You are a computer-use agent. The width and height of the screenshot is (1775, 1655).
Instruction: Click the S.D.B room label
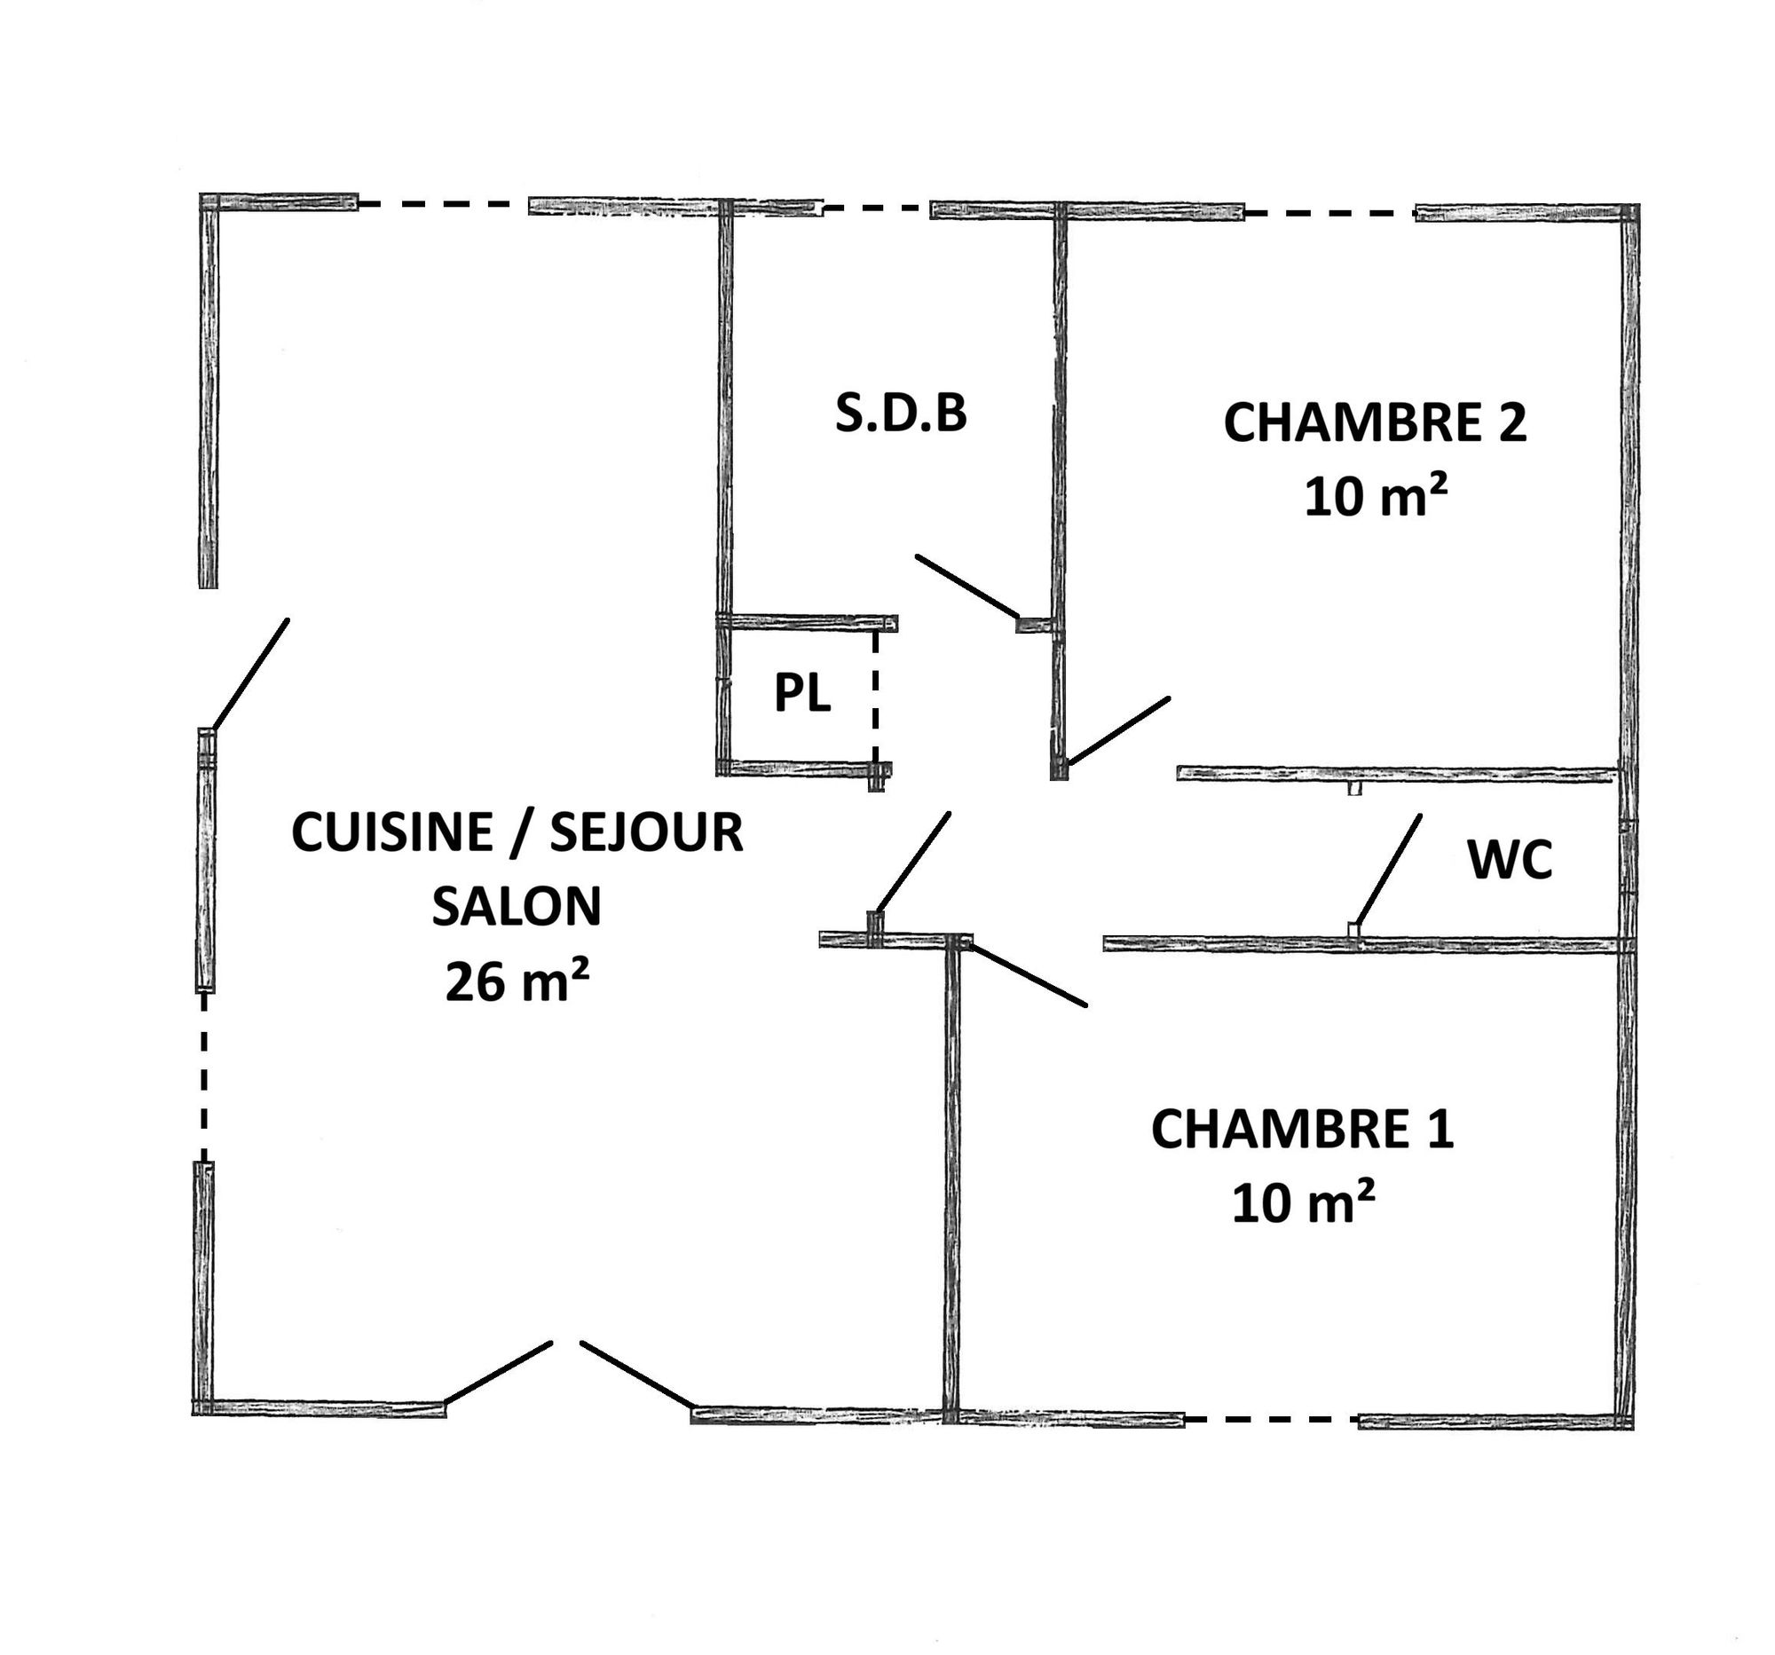(x=901, y=414)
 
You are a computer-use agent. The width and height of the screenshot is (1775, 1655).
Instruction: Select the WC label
(x=1510, y=860)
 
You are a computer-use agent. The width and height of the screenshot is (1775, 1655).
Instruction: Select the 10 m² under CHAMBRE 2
(x=1375, y=496)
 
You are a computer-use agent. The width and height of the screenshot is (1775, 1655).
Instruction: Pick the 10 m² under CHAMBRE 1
(x=1303, y=1202)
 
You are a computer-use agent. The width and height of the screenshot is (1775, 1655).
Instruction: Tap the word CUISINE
(x=392, y=832)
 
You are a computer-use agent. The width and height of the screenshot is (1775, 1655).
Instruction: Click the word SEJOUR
(x=646, y=832)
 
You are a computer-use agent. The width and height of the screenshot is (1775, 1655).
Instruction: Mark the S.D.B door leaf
(x=967, y=587)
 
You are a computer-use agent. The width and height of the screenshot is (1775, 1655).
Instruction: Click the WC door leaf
(x=1387, y=871)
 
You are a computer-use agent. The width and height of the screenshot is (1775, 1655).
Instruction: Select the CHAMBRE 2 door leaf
(x=1119, y=731)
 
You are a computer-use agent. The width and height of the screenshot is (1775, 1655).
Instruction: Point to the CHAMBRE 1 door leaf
(x=1029, y=975)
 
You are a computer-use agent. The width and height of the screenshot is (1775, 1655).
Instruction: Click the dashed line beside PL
(x=875, y=697)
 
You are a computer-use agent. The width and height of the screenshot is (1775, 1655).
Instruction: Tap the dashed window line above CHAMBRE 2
(x=1329, y=214)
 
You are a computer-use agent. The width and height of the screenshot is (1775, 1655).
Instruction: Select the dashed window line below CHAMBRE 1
(x=1272, y=1418)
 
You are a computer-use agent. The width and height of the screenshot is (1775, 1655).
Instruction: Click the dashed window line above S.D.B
(x=876, y=209)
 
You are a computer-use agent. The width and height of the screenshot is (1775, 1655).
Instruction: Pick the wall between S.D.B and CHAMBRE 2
(x=1060, y=491)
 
